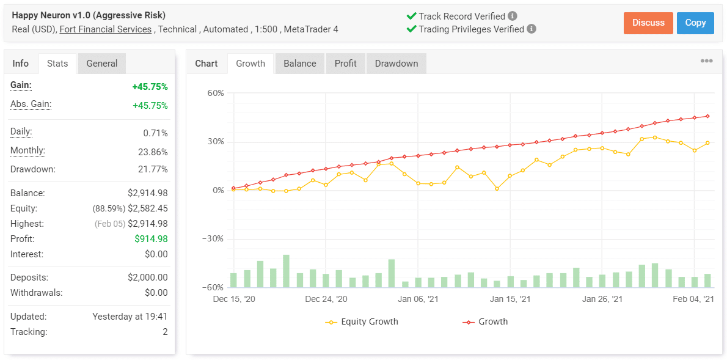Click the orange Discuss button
pos(648,23)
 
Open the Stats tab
pos(57,64)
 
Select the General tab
pos(102,64)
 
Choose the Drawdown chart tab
pos(396,64)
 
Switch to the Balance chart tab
pos(300,64)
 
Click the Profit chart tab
pos(346,64)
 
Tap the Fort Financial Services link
pos(106,29)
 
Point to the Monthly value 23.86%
pos(153,152)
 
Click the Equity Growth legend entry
pos(369,321)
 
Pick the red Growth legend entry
pos(492,321)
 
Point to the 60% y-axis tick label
pos(216,94)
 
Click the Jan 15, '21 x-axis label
pos(511,299)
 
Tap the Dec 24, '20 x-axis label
pos(326,299)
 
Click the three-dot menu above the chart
pos(706,61)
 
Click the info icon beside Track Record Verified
pos(513,17)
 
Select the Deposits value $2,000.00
pos(147,277)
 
